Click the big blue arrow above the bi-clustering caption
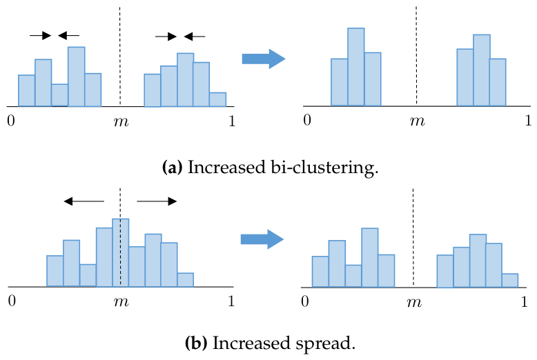point(264,59)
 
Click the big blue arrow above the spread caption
point(262,239)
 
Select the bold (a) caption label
point(173,168)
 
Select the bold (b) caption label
point(196,343)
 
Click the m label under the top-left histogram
point(121,121)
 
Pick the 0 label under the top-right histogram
point(307,120)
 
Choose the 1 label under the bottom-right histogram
point(524,302)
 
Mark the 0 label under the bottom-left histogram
point(12,301)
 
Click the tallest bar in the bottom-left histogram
point(121,252)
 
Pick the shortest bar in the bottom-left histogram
point(185,279)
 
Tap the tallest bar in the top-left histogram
point(77,77)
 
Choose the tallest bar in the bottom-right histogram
point(370,258)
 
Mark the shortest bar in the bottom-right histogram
point(510,281)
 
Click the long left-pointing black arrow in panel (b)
point(84,201)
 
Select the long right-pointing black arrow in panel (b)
point(157,201)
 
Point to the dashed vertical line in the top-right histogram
point(416,55)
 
